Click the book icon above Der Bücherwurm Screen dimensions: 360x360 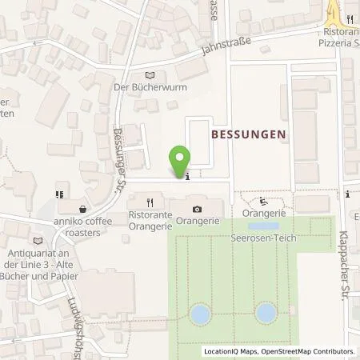pyautogui.click(x=140, y=74)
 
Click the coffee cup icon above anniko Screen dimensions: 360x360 pyautogui.click(x=59, y=194)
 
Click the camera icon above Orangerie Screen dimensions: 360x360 pyautogui.click(x=198, y=209)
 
